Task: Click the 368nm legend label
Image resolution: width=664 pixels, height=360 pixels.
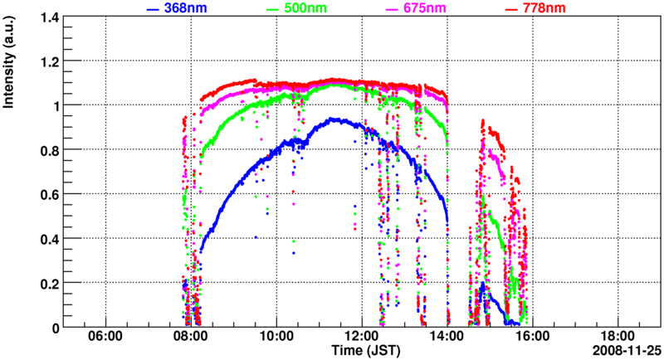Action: point(186,8)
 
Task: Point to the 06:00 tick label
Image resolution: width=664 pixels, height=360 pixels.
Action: point(105,338)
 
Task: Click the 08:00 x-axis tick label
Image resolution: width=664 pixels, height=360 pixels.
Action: point(191,338)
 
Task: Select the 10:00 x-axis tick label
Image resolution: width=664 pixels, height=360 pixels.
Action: point(276,338)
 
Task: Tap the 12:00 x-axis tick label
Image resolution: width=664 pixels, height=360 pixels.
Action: point(361,338)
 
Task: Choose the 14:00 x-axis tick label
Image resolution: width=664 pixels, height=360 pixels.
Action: point(447,338)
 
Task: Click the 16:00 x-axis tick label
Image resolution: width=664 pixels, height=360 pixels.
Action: point(531,338)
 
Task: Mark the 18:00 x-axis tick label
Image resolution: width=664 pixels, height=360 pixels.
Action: point(617,338)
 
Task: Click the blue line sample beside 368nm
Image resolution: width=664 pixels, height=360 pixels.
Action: point(154,9)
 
